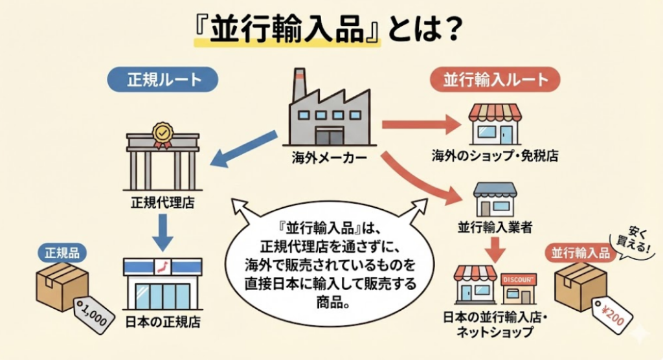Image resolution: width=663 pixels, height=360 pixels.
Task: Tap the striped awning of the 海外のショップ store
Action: coord(495,114)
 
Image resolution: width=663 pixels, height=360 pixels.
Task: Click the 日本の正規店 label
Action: coord(162,319)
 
